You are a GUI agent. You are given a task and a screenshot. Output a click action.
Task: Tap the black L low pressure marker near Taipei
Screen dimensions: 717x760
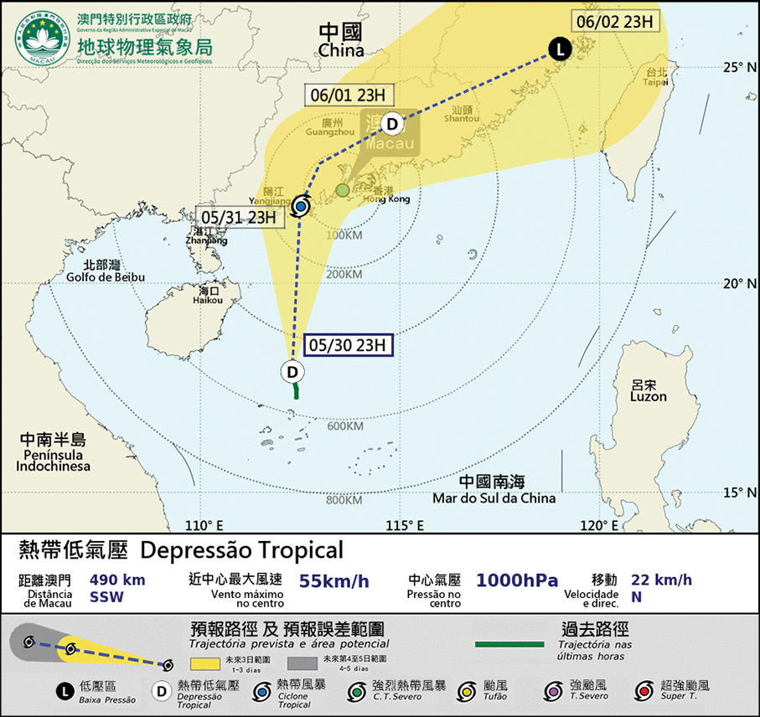561,49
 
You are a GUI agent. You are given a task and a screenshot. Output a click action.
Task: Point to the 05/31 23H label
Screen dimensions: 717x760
238,217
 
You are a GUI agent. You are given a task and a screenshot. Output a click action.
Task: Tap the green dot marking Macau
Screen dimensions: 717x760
343,190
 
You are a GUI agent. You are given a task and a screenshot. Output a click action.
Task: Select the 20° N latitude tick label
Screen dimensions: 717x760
741,284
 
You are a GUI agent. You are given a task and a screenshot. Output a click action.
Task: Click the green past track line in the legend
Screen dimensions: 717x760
509,644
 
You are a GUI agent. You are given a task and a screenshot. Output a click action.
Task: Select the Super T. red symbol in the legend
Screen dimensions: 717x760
644,689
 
